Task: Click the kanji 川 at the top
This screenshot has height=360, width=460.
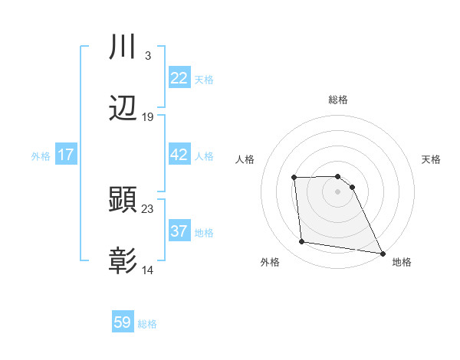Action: [123, 47]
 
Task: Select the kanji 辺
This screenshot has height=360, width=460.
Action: [123, 109]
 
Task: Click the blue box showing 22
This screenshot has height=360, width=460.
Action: [179, 78]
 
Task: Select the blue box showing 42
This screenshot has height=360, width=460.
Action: [179, 155]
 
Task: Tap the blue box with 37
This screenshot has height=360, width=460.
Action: [179, 231]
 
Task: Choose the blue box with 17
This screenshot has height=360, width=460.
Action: [66, 155]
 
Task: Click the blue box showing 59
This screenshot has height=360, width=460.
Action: [123, 322]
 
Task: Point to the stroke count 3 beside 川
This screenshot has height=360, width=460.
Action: [147, 56]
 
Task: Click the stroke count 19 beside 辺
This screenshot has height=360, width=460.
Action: [148, 117]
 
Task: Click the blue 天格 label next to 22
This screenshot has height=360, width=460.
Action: [203, 79]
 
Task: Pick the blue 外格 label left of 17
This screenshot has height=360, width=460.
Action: [41, 155]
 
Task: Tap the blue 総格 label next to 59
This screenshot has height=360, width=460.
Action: [147, 323]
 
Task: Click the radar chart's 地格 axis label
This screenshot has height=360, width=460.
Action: [402, 262]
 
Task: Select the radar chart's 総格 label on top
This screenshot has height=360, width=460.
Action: [338, 100]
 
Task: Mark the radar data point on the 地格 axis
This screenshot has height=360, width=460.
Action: [382, 254]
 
